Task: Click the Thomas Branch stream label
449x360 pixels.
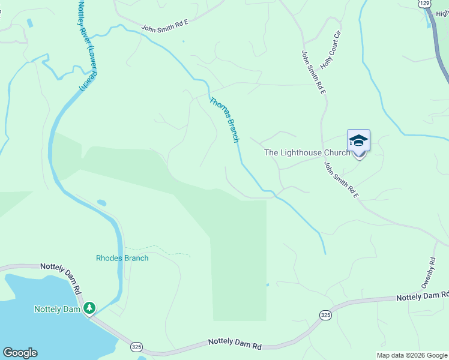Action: (x=224, y=119)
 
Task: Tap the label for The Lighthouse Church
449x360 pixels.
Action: (x=307, y=152)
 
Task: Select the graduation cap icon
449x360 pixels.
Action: (x=358, y=140)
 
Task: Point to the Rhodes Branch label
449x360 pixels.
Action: (x=122, y=258)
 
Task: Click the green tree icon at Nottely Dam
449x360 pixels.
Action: (x=89, y=308)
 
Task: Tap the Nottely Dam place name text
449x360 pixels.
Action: (x=57, y=309)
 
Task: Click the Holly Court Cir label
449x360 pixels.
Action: (x=331, y=50)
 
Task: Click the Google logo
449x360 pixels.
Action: (x=20, y=353)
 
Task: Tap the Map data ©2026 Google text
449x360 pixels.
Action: (x=412, y=355)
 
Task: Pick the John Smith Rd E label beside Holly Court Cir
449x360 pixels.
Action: (x=313, y=72)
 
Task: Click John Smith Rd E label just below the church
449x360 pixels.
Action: (x=341, y=180)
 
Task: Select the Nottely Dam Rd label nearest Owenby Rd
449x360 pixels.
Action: (x=422, y=296)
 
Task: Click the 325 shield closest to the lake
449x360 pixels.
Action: (x=137, y=347)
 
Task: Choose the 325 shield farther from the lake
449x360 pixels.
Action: (x=325, y=314)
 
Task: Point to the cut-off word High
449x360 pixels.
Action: (x=443, y=14)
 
